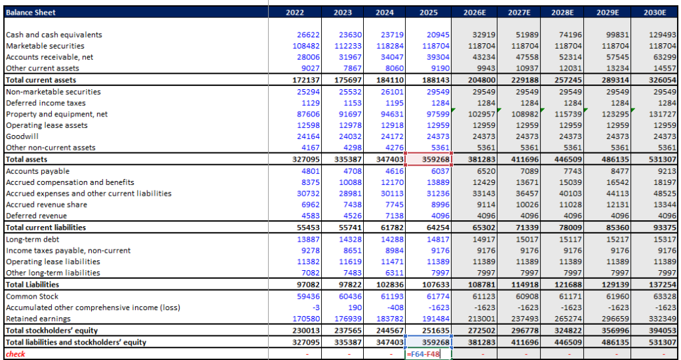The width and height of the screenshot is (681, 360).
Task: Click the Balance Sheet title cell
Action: [x=31, y=13]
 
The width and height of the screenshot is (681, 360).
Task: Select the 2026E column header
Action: [x=474, y=13]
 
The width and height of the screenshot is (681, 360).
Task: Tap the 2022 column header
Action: [x=295, y=13]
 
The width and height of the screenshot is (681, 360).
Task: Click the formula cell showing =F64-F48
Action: [x=427, y=354]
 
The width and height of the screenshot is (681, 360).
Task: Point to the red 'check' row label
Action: [x=15, y=354]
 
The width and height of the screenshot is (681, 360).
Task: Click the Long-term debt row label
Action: [x=33, y=239]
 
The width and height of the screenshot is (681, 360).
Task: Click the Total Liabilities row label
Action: [x=33, y=284]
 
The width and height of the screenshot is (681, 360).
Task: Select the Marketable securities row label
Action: [x=45, y=46]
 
